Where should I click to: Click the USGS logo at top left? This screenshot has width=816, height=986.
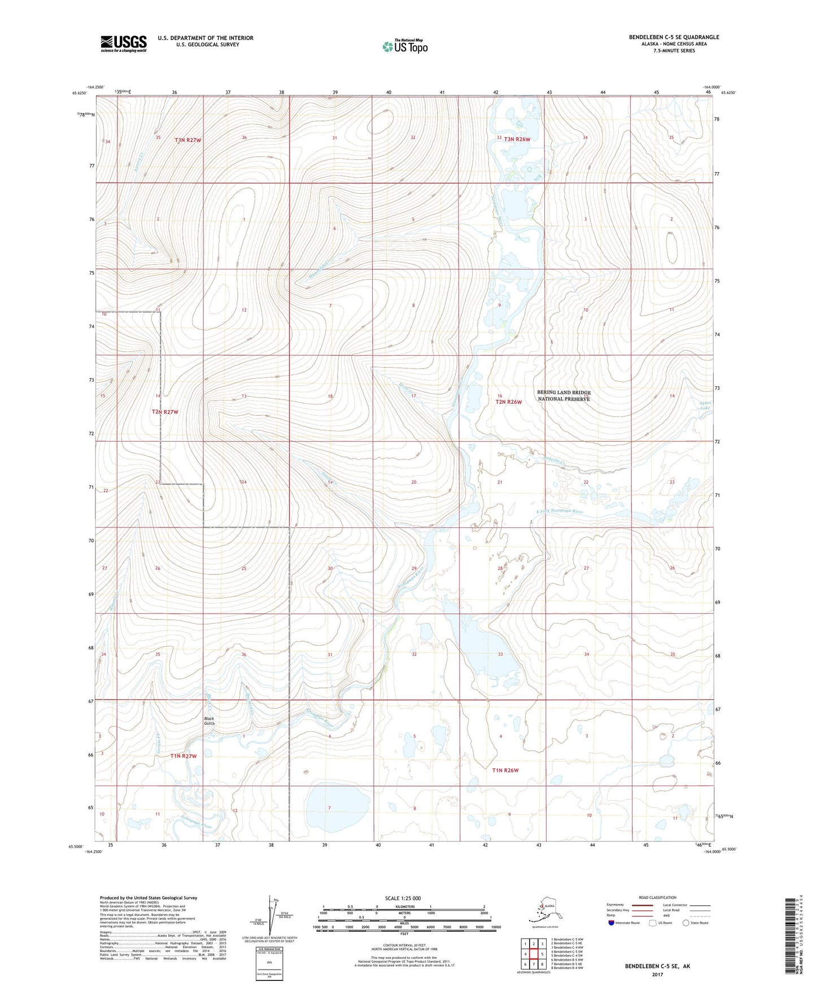click(123, 43)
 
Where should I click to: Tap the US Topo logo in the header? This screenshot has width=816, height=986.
click(405, 46)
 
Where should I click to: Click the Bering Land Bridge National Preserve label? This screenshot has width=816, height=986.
click(563, 395)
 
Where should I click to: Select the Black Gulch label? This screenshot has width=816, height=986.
click(208, 721)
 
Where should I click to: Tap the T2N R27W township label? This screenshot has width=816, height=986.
click(165, 412)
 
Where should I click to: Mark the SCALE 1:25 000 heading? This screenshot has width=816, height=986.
click(403, 898)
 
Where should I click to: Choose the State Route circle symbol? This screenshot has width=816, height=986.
click(686, 923)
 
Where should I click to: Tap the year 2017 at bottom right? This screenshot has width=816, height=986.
click(657, 974)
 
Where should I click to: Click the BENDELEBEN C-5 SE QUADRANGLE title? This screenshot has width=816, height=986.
click(674, 37)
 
